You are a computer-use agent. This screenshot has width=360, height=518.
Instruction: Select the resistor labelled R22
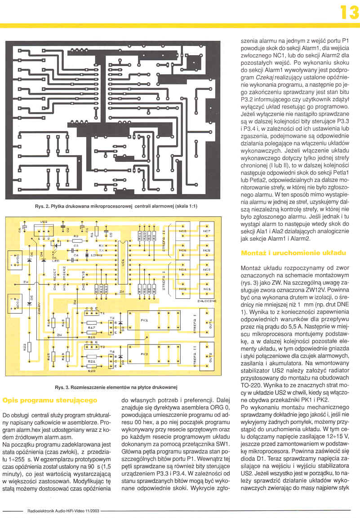tap(28, 346)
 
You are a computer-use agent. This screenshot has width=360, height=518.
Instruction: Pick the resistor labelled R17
tap(91, 323)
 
